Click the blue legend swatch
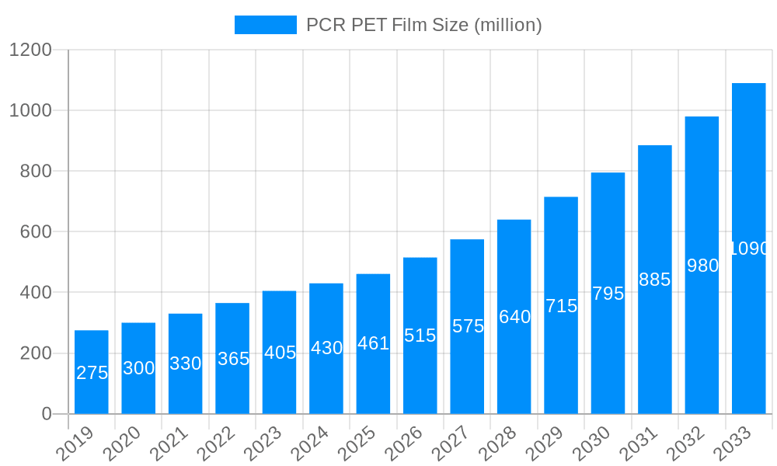[266, 25]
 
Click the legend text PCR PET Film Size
[423, 25]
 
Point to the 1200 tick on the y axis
[30, 50]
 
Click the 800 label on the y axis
[35, 171]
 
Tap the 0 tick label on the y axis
[47, 414]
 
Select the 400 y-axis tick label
[35, 293]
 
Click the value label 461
[373, 343]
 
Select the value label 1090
[749, 249]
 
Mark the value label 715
[561, 306]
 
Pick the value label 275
[92, 373]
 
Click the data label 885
[654, 280]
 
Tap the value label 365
[233, 359]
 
